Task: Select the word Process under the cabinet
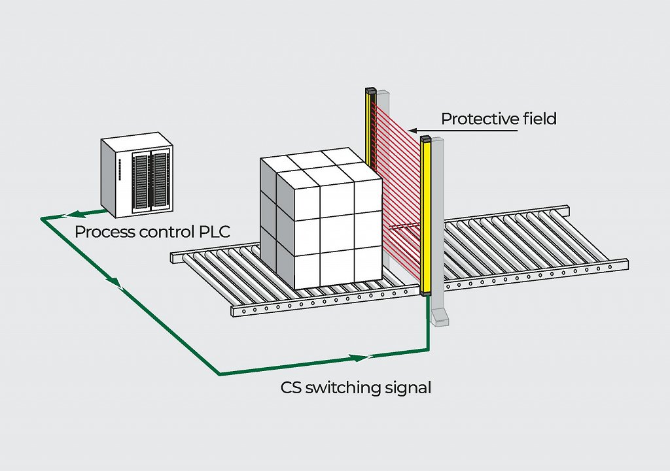(102, 231)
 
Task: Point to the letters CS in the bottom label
(291, 387)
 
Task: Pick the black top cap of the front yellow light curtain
(425, 139)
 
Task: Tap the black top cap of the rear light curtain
(370, 90)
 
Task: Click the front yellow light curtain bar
(425, 216)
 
